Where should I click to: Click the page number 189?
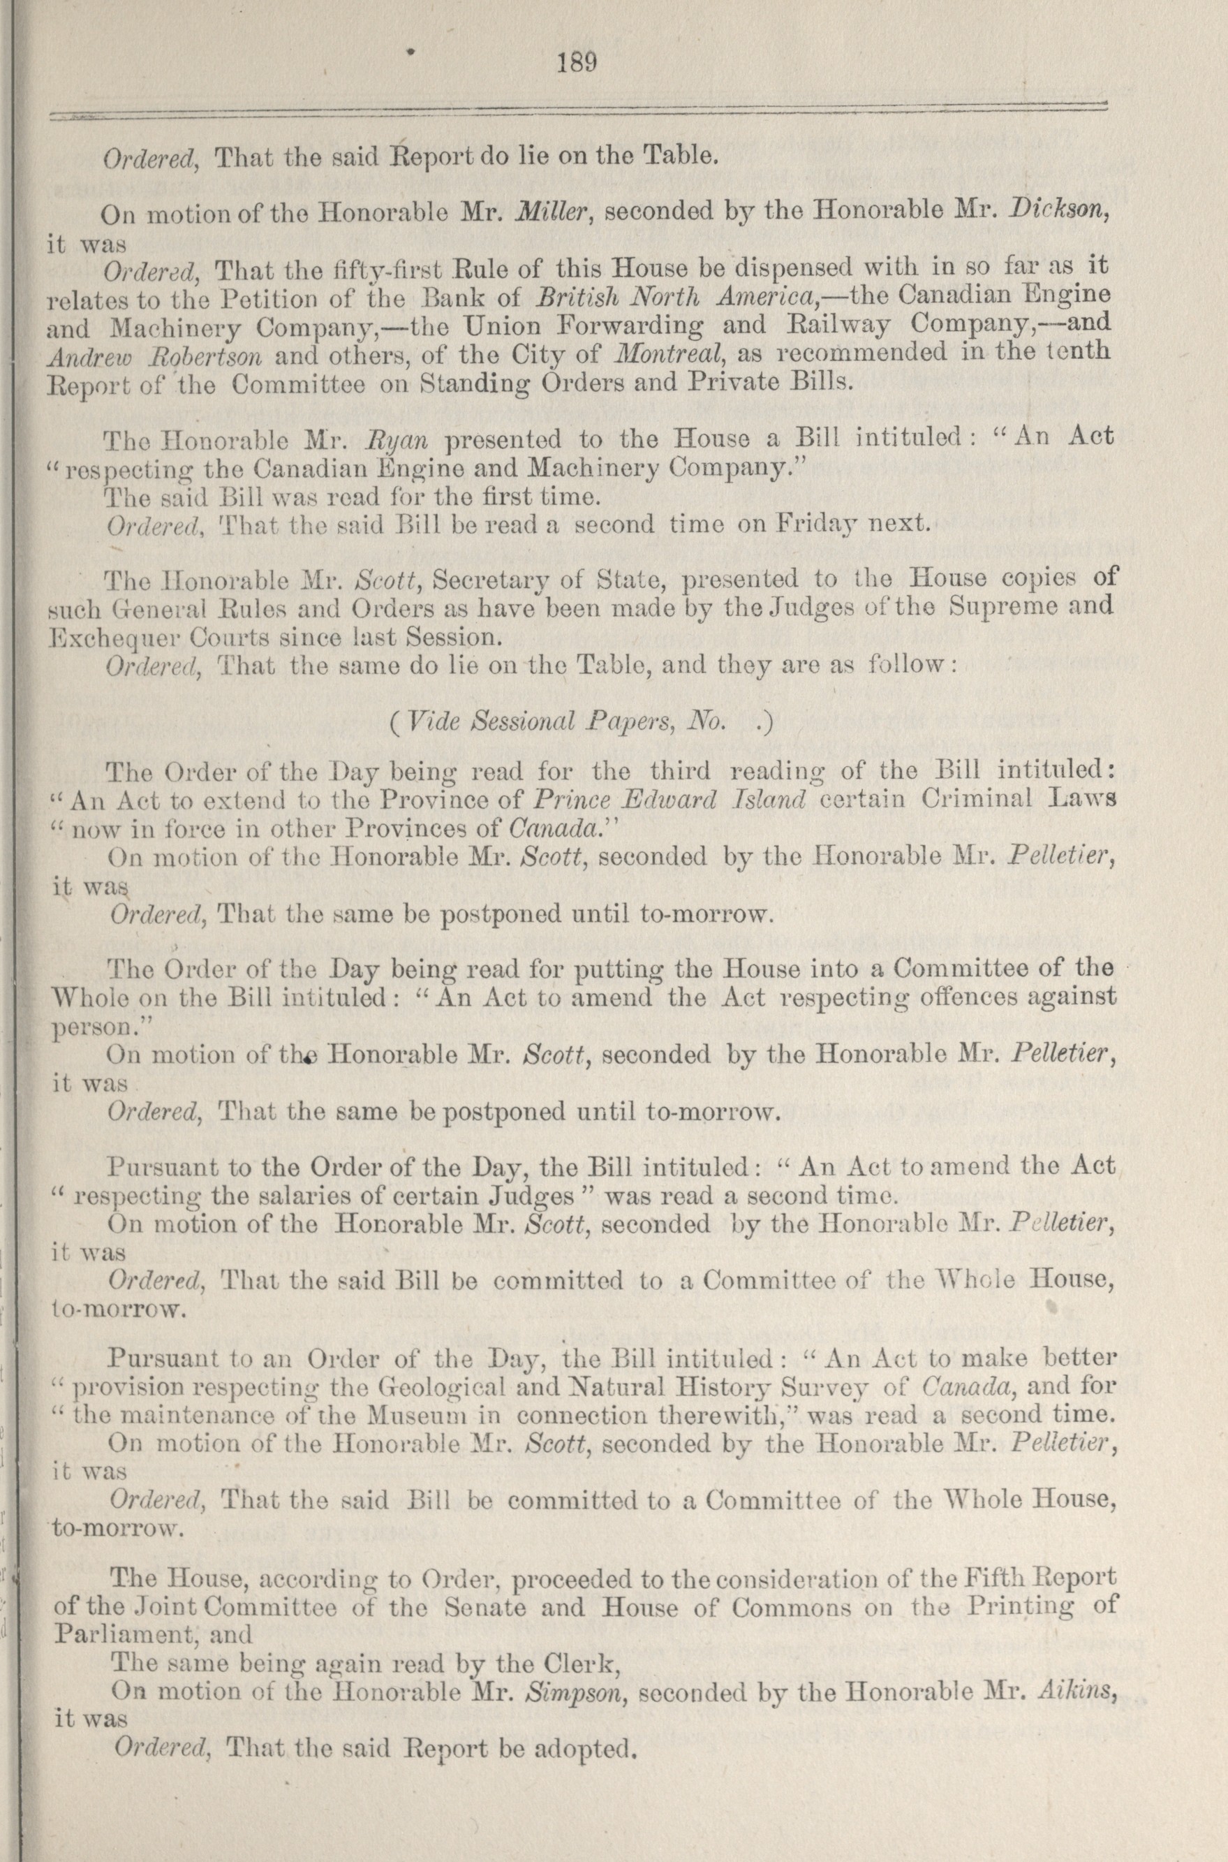(577, 62)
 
